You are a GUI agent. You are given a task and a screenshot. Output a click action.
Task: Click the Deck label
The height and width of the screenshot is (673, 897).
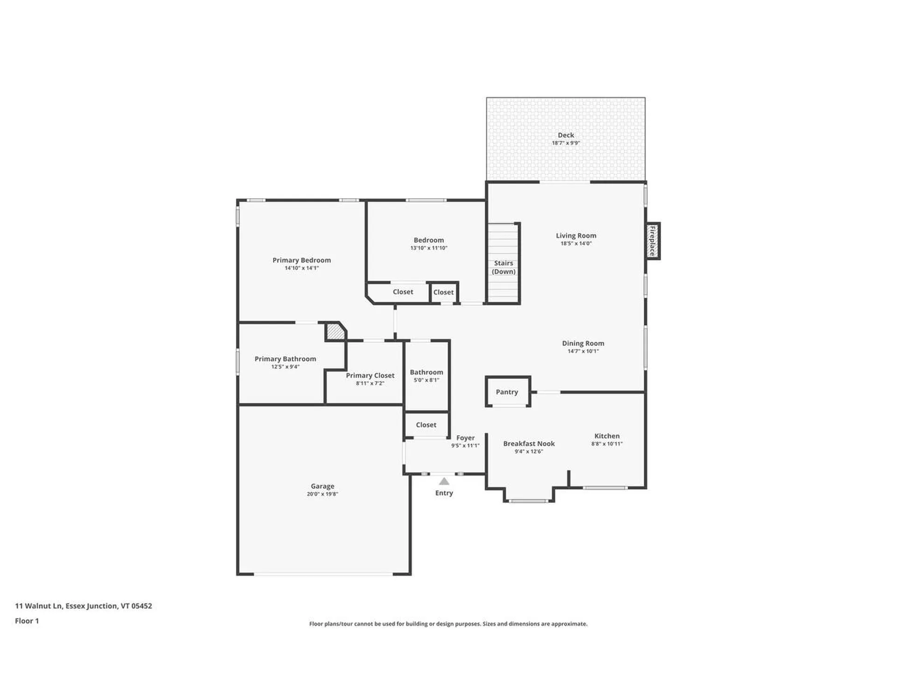pyautogui.click(x=565, y=135)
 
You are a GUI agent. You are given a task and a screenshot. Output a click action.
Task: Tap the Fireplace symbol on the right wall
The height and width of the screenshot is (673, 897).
pyautogui.click(x=652, y=241)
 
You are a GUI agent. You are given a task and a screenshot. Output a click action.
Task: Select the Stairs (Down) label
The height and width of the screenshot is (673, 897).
pyautogui.click(x=504, y=267)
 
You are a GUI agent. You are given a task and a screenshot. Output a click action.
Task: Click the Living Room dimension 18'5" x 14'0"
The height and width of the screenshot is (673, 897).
pyautogui.click(x=576, y=243)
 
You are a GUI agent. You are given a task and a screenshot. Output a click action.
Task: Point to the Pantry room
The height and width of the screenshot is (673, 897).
pyautogui.click(x=507, y=392)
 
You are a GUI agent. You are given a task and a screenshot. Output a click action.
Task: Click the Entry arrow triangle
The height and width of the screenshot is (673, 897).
pyautogui.click(x=444, y=481)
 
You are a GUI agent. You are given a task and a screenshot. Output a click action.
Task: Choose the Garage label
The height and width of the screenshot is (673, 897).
pyautogui.click(x=322, y=486)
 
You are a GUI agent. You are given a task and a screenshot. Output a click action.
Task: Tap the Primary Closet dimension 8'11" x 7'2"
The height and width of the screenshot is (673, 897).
pyautogui.click(x=370, y=383)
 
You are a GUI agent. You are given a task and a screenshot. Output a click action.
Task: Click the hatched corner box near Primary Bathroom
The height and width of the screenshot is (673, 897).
pyautogui.click(x=335, y=331)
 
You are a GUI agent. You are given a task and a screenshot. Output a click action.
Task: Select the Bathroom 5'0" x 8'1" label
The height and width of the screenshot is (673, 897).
pyautogui.click(x=426, y=376)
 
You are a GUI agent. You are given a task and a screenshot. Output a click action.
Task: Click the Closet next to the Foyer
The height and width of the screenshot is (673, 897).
pyautogui.click(x=426, y=425)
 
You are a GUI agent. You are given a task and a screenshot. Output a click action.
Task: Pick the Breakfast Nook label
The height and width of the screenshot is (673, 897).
pyautogui.click(x=529, y=444)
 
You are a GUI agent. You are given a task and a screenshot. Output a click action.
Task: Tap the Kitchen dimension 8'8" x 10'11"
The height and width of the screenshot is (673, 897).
pyautogui.click(x=606, y=444)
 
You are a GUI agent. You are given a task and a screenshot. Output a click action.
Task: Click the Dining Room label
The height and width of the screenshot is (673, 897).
pyautogui.click(x=583, y=343)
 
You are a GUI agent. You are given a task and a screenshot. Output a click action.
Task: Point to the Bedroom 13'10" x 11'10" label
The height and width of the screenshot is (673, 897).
pyautogui.click(x=428, y=243)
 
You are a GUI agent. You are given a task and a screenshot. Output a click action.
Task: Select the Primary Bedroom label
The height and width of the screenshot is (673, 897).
pyautogui.click(x=301, y=260)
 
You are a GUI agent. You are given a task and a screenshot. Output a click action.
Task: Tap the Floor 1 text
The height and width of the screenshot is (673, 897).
pyautogui.click(x=27, y=621)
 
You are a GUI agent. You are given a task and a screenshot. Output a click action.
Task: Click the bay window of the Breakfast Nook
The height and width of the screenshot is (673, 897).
pyautogui.click(x=528, y=501)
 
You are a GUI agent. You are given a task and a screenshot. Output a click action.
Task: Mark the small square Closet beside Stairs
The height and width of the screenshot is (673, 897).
pyautogui.click(x=443, y=292)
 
